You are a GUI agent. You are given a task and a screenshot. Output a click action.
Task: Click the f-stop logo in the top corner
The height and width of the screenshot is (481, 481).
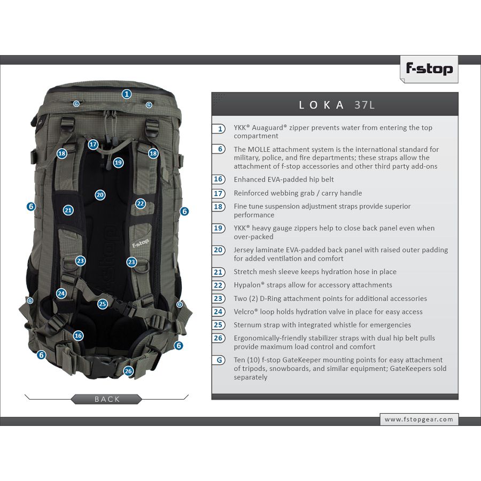click(x=429, y=69)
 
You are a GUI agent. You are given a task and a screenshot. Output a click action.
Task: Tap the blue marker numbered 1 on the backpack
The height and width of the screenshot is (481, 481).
click(x=127, y=94)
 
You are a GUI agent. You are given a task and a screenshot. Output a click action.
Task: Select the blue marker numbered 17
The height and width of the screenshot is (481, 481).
click(x=93, y=144)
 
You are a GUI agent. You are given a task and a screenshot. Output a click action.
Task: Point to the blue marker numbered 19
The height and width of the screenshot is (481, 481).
click(x=119, y=162)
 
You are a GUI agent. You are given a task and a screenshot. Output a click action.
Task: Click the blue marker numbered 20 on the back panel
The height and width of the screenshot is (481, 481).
click(x=100, y=195)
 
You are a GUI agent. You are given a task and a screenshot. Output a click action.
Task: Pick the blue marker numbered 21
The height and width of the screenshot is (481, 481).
click(x=68, y=210)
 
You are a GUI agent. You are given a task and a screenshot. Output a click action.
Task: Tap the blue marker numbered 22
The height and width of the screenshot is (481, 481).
click(x=141, y=204)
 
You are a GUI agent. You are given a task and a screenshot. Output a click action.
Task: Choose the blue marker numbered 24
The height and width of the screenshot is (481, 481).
click(x=61, y=293)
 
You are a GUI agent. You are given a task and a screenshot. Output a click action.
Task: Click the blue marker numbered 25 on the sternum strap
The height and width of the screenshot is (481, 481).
click(x=103, y=304)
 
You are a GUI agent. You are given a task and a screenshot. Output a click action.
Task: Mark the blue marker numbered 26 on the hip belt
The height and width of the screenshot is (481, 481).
click(x=128, y=371)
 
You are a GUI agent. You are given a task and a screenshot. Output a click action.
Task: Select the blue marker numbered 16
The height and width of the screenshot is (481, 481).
click(x=78, y=336)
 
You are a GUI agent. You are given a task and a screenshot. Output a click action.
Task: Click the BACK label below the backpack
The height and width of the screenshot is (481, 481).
click(x=107, y=399)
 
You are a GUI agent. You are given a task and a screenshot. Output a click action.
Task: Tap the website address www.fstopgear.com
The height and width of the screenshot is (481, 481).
click(x=418, y=420)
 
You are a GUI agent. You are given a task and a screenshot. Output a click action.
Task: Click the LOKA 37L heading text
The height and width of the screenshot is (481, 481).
click(x=337, y=105)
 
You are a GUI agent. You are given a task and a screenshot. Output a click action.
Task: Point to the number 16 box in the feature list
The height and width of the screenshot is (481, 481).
click(x=219, y=179)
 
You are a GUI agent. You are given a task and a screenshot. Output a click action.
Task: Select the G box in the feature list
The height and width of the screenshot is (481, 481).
click(x=219, y=360)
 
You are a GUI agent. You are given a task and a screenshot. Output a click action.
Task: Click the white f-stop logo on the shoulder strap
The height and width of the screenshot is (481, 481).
click(x=141, y=243)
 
